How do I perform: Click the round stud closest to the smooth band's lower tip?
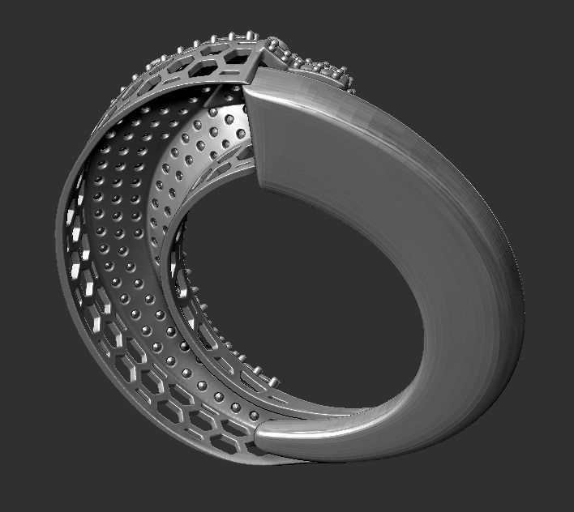tap(254, 416)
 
